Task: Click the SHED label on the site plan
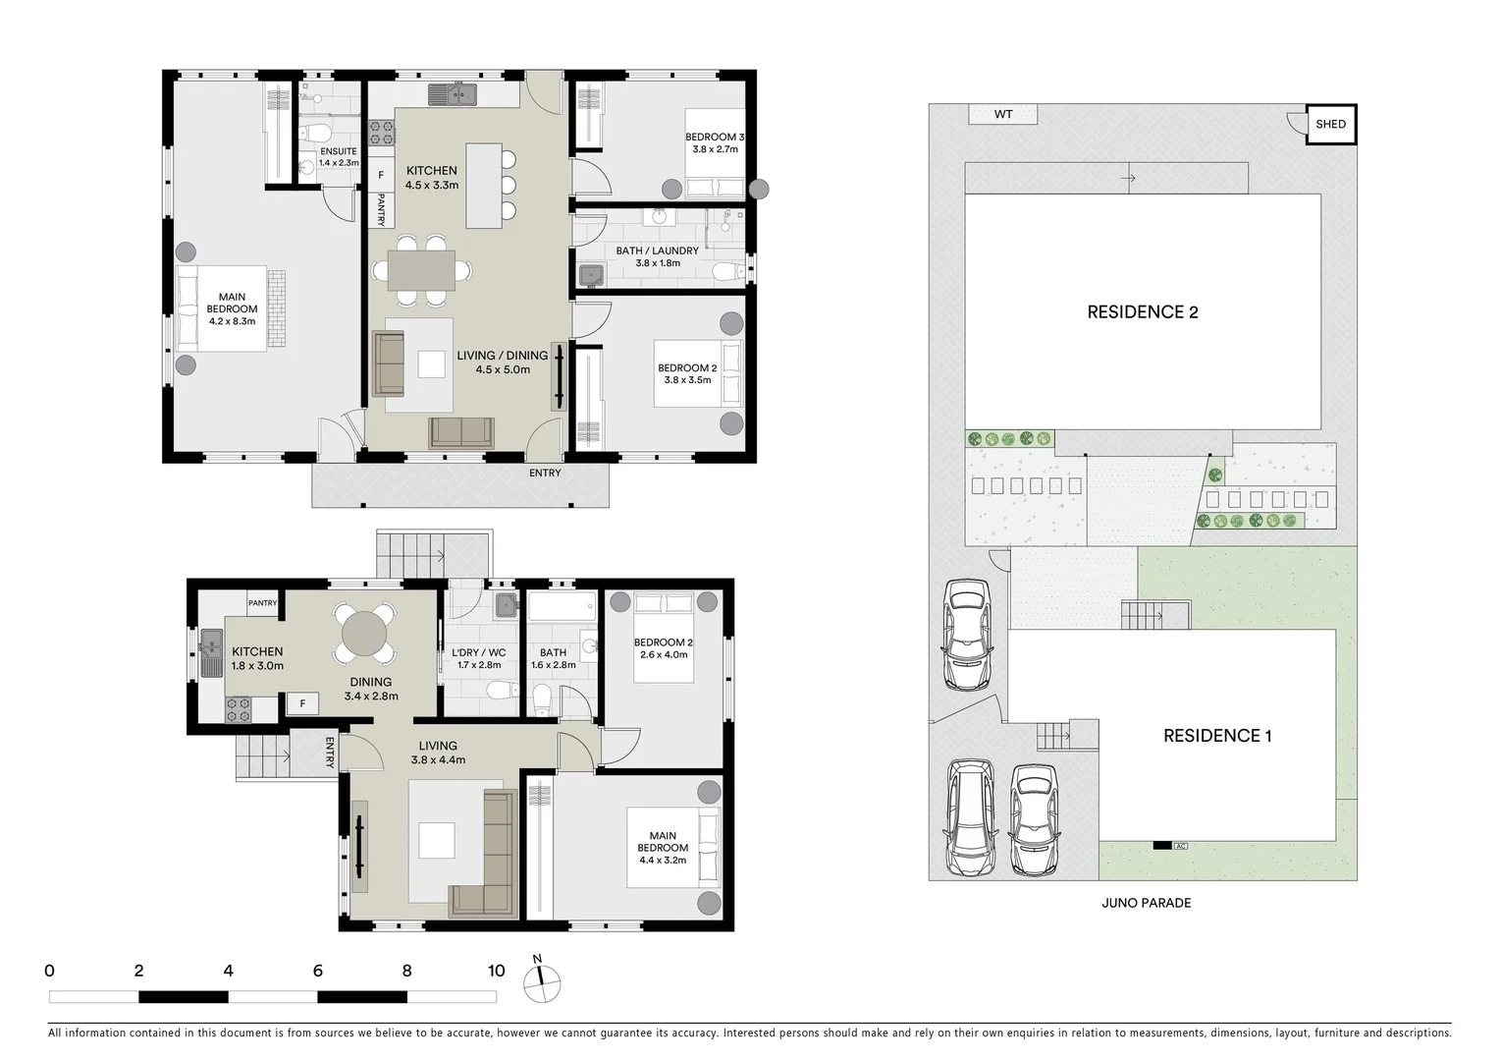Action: [x=1331, y=125]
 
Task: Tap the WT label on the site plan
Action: [x=1002, y=115]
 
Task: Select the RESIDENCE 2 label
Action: [x=1143, y=312]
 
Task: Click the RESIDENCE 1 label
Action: [x=1217, y=736]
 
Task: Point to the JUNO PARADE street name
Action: [x=1146, y=903]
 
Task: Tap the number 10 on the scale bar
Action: [x=497, y=972]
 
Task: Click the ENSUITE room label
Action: [x=339, y=151]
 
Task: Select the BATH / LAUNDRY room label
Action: [x=658, y=251]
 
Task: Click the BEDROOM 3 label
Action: [x=714, y=137]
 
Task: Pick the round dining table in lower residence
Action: [x=365, y=632]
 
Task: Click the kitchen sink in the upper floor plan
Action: [x=452, y=95]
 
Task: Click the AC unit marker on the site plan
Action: [x=1181, y=845]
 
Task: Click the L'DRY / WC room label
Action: [x=478, y=652]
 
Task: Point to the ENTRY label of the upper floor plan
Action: [x=545, y=473]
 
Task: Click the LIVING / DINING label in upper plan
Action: [x=503, y=356]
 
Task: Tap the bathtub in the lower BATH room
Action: [x=562, y=607]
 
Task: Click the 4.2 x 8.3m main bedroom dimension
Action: [x=232, y=320]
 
